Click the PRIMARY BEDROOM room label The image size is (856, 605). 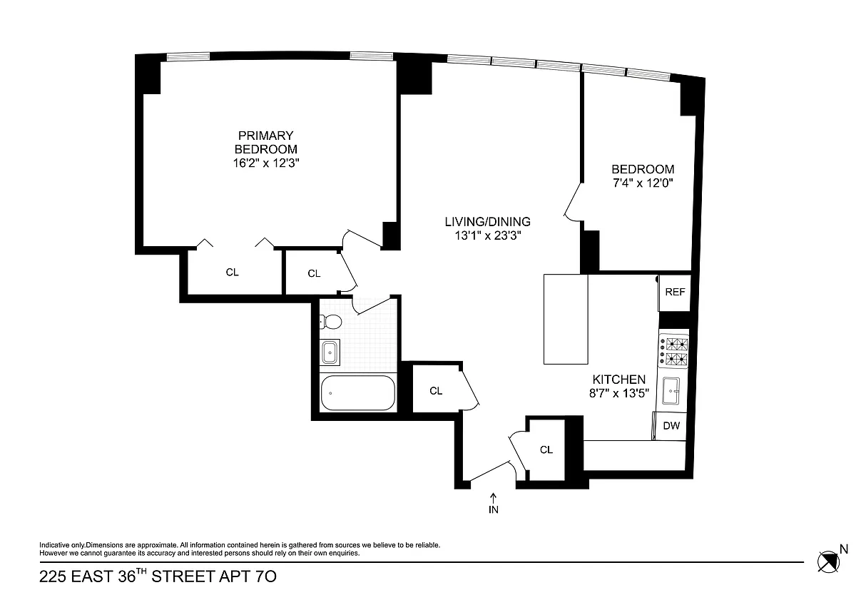click(x=265, y=142)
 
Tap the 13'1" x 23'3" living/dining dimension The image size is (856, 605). click(x=488, y=235)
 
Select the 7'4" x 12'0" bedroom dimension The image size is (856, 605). click(x=643, y=183)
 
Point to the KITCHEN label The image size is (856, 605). click(x=618, y=379)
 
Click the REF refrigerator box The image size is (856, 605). click(x=675, y=293)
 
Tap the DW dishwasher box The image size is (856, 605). click(x=671, y=425)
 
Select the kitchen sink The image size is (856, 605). click(x=671, y=390)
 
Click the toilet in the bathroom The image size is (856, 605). click(x=331, y=322)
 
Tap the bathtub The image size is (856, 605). click(x=358, y=393)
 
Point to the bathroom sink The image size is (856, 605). click(x=330, y=352)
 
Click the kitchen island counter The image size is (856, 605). click(x=566, y=319)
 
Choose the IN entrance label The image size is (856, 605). click(x=494, y=509)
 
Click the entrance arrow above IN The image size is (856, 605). click(x=494, y=497)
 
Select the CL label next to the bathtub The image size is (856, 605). click(x=436, y=391)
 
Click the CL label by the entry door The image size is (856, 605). click(x=546, y=450)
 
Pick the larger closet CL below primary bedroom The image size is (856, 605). click(x=232, y=272)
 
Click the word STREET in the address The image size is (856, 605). click(x=183, y=576)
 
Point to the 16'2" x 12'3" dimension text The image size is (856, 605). click(x=266, y=163)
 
